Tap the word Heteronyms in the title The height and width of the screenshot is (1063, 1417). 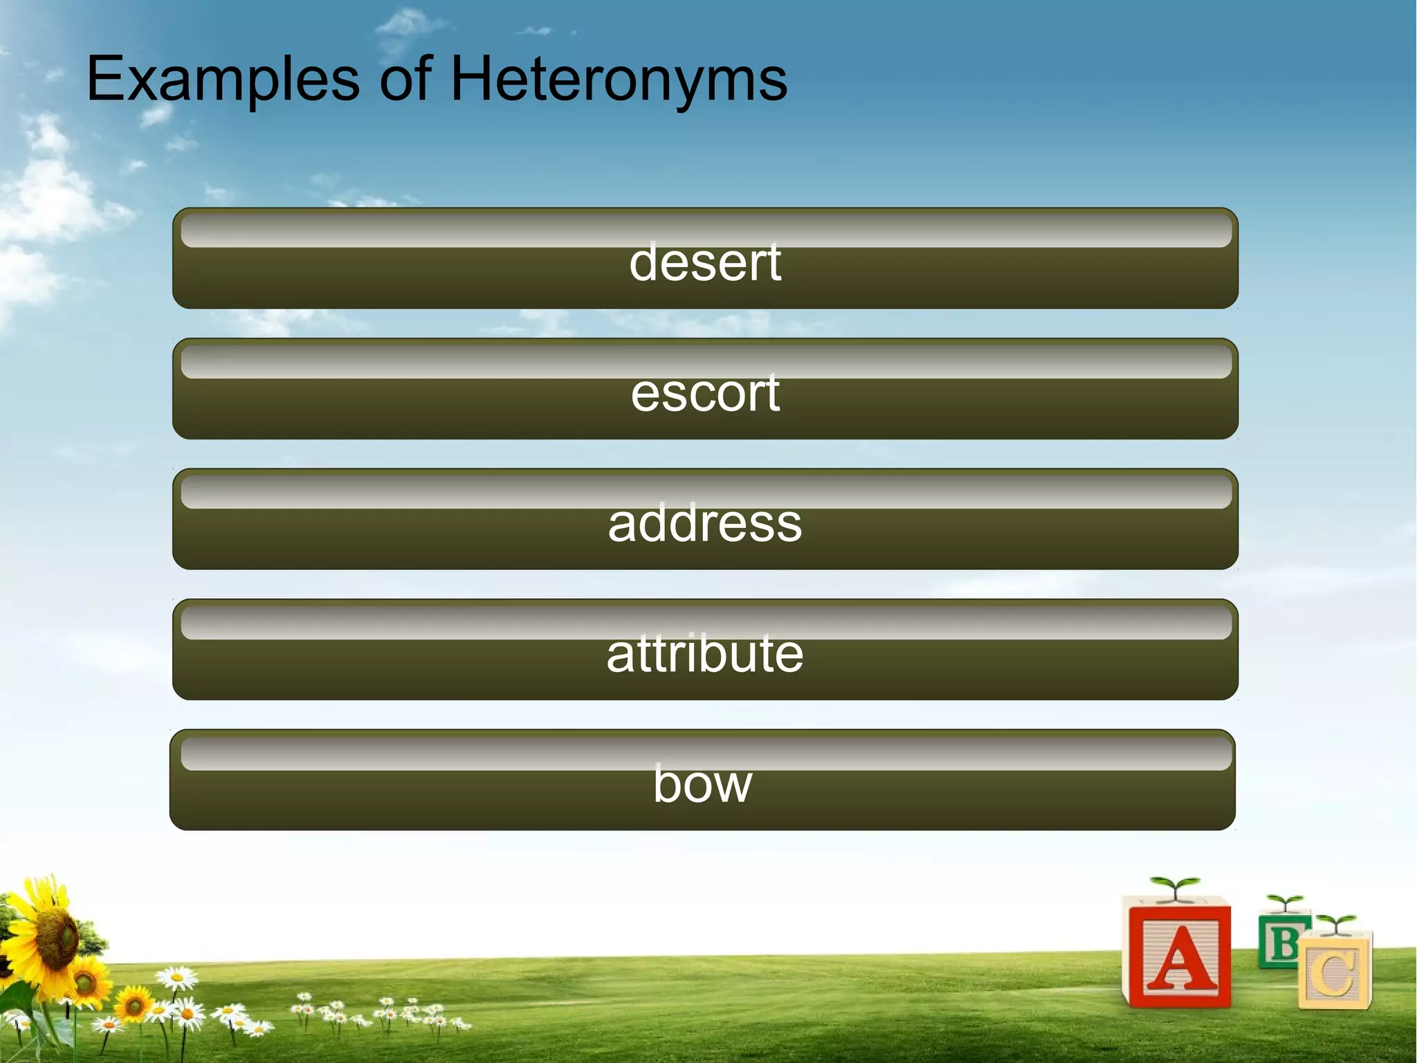coord(619,80)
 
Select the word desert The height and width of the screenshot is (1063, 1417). coord(705,263)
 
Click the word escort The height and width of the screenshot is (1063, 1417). coord(705,394)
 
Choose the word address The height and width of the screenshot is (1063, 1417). coord(705,524)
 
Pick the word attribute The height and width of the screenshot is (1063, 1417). coord(705,654)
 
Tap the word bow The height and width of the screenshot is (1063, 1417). coord(702,785)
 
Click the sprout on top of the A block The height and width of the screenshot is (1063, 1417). coord(1174,887)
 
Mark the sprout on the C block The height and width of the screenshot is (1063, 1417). coord(1335,923)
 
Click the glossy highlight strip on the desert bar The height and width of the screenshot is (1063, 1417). coord(705,230)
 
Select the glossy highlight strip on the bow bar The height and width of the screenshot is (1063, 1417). coord(705,752)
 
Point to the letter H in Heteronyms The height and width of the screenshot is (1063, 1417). coord(473,79)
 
